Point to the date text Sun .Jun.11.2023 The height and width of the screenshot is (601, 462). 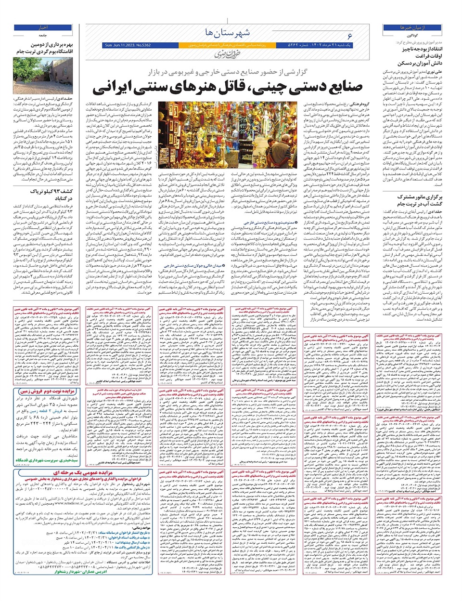121,45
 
